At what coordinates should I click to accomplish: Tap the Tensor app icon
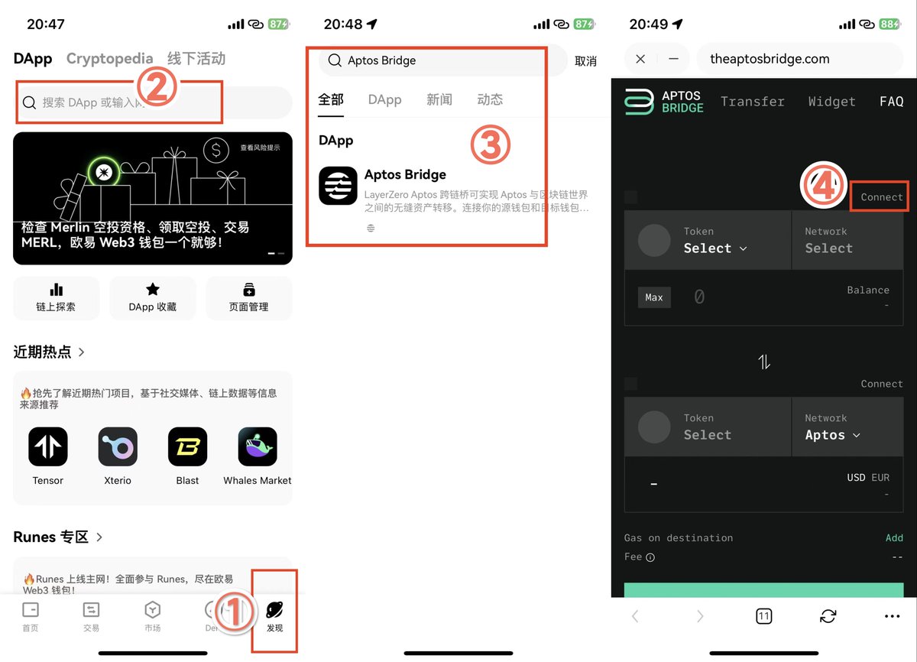48,446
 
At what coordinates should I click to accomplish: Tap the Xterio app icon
118,446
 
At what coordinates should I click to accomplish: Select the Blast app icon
187,446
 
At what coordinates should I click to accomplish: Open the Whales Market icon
258,446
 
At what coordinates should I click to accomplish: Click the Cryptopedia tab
109,59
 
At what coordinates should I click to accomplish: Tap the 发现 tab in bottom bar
274,615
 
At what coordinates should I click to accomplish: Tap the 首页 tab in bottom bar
31,615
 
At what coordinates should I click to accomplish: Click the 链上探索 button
56,297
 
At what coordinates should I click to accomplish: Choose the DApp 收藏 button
153,297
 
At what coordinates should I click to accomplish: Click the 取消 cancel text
585,61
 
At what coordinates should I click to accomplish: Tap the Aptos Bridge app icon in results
338,186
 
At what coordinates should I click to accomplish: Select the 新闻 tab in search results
439,99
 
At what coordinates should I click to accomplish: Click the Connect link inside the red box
881,197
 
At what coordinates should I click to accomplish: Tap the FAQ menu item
891,102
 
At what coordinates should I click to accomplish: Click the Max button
654,297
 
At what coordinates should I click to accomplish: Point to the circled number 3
490,144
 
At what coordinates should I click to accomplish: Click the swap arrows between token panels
764,362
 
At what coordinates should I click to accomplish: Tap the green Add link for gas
894,538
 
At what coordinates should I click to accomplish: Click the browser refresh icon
828,616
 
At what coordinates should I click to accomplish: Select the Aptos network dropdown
832,435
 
